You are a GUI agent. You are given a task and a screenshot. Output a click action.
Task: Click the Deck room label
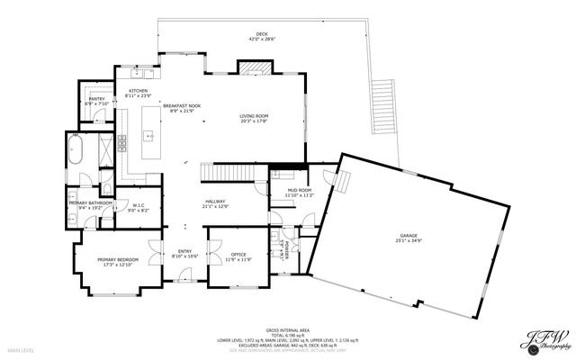(x=262, y=36)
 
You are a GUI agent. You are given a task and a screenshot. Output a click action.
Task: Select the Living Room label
(x=255, y=117)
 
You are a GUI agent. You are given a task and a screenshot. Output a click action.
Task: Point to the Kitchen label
(x=139, y=93)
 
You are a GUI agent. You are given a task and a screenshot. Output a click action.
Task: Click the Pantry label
(x=96, y=101)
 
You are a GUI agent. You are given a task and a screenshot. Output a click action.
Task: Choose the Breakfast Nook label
(x=182, y=107)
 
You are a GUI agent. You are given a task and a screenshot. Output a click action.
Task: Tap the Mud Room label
(x=300, y=192)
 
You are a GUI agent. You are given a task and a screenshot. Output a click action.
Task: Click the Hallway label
(x=214, y=203)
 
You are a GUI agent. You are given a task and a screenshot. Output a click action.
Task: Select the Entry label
(x=184, y=253)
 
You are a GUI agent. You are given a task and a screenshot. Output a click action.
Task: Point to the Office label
(x=238, y=256)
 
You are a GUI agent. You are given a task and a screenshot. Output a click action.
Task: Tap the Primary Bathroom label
(x=90, y=205)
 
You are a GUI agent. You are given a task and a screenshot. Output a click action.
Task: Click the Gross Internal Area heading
(x=288, y=330)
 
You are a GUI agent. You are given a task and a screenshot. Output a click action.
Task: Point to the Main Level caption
(x=22, y=349)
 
